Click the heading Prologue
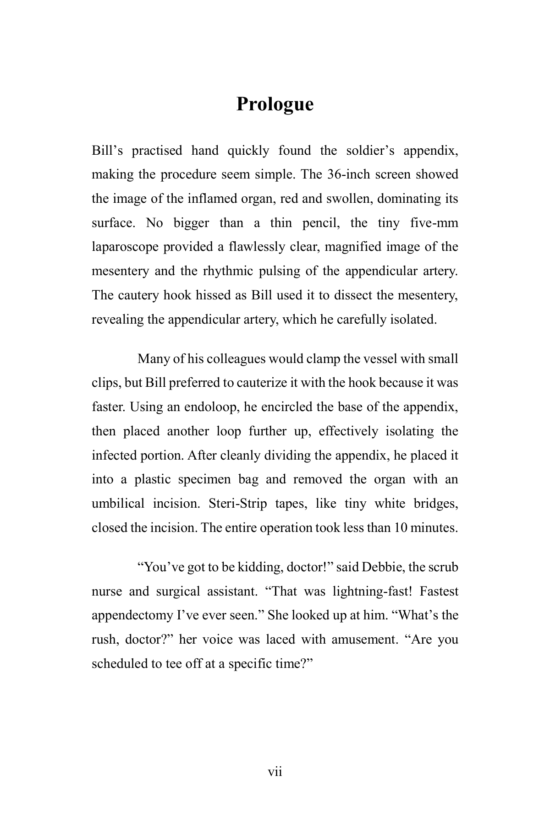click(x=275, y=104)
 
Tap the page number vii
click(x=275, y=772)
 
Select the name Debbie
click(x=382, y=567)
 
